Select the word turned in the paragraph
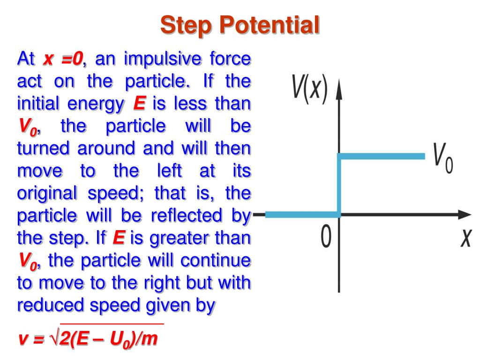pyautogui.click(x=44, y=149)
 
